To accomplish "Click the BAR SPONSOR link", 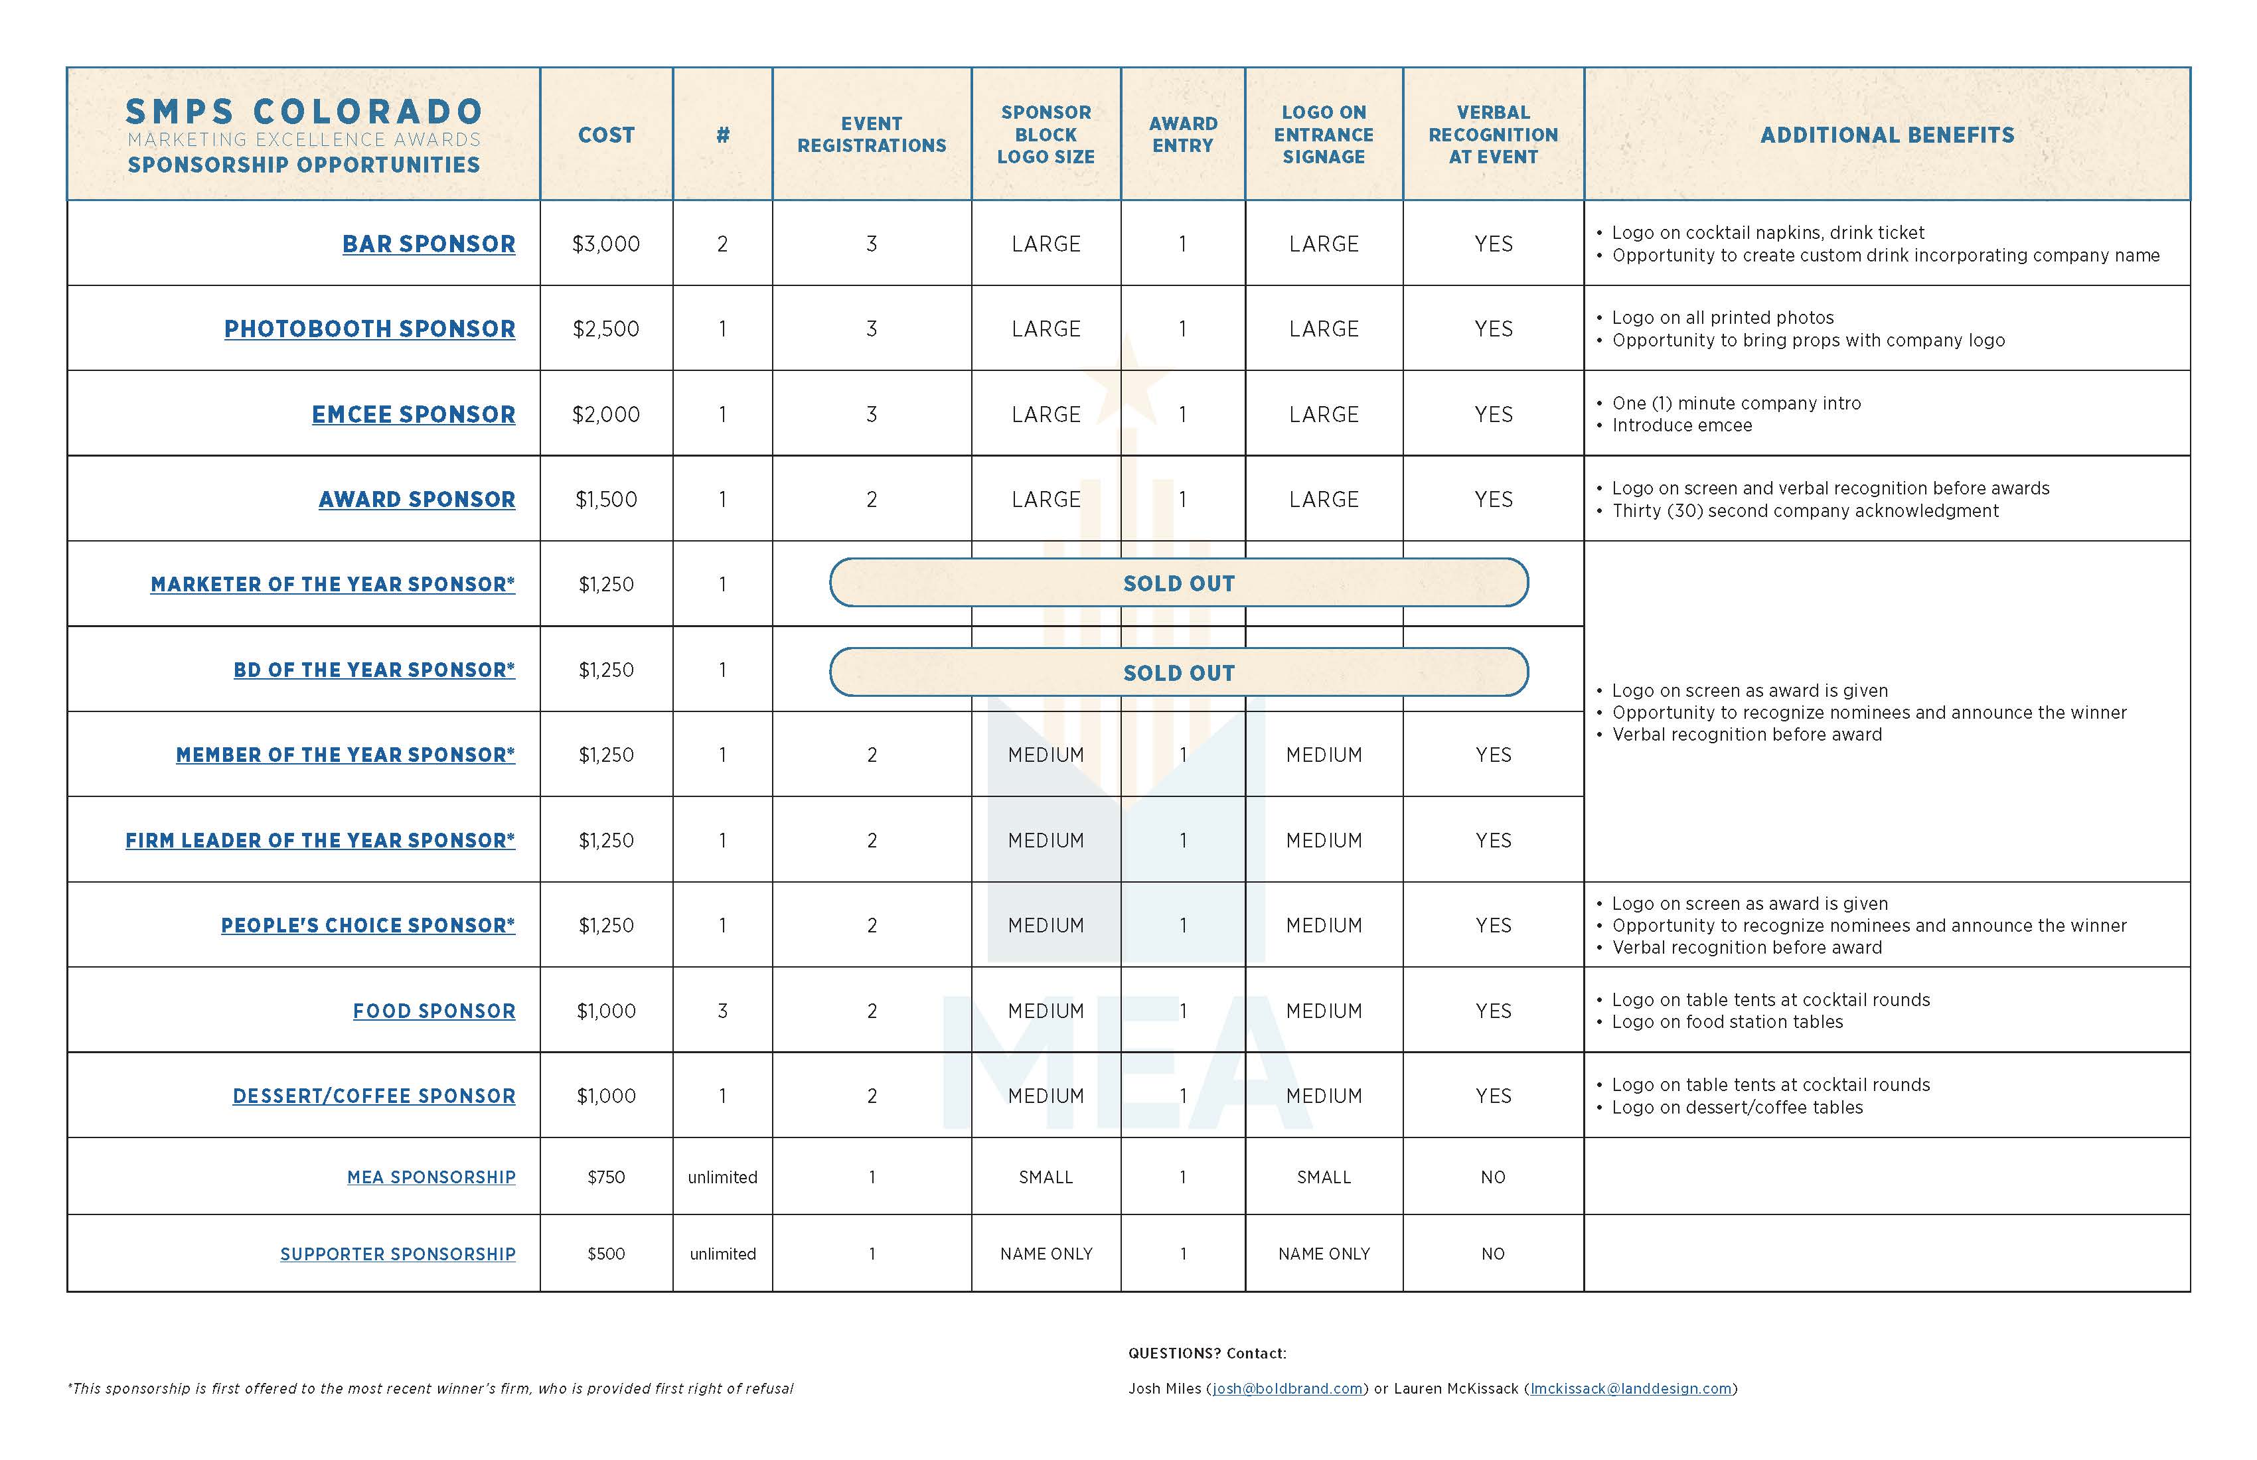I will tap(429, 244).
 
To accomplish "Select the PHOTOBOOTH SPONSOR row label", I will tap(370, 329).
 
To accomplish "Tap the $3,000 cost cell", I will tap(606, 244).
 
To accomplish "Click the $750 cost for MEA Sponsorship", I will tap(606, 1177).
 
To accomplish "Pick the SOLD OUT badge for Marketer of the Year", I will tap(1179, 583).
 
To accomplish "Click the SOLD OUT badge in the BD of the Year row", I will tap(1179, 672).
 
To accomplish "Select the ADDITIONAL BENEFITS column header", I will tap(1887, 135).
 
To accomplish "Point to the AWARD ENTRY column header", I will tap(1182, 135).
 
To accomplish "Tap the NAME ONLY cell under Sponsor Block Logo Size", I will tap(1046, 1254).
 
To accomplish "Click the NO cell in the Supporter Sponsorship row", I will tap(1493, 1254).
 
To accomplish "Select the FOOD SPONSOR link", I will tap(434, 1011).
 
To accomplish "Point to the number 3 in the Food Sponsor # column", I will tap(723, 1011).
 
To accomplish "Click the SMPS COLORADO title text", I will tap(305, 112).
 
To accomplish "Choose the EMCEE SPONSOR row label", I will tap(414, 414).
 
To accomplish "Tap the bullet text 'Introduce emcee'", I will tap(1681, 425).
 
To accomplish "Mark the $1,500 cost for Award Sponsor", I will tap(606, 500).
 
